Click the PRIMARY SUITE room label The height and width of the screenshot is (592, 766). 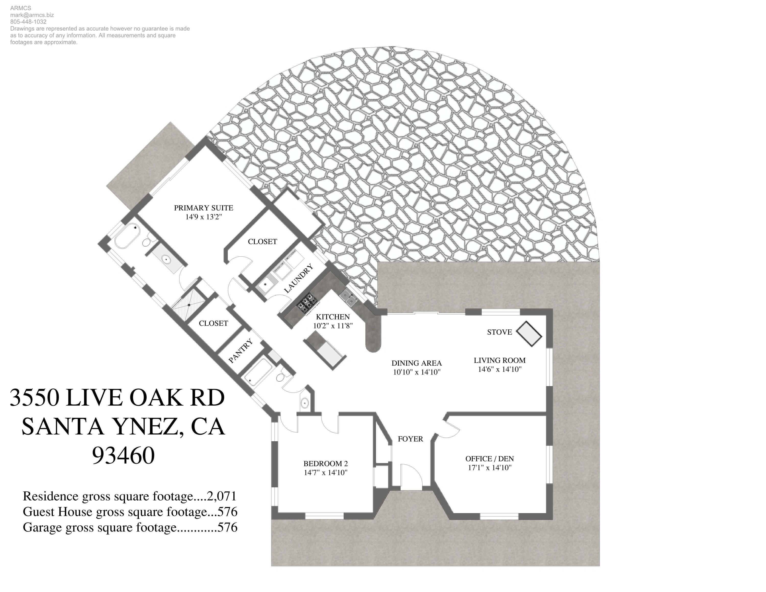(204, 208)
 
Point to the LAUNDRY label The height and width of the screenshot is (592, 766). (298, 279)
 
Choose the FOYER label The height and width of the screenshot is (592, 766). (410, 439)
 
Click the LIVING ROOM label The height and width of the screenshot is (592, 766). (499, 360)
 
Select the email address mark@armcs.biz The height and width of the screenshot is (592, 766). (32, 15)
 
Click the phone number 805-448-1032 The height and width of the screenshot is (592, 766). (28, 22)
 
